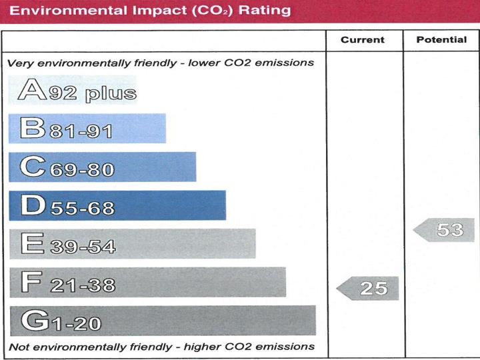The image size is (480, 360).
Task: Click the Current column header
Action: (x=362, y=40)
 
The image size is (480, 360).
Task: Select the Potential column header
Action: (x=441, y=40)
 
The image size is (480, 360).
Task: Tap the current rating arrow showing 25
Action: (x=368, y=289)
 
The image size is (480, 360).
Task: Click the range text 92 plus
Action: (x=92, y=93)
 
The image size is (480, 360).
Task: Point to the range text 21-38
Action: (x=81, y=286)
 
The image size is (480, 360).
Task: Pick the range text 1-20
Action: (x=75, y=325)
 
